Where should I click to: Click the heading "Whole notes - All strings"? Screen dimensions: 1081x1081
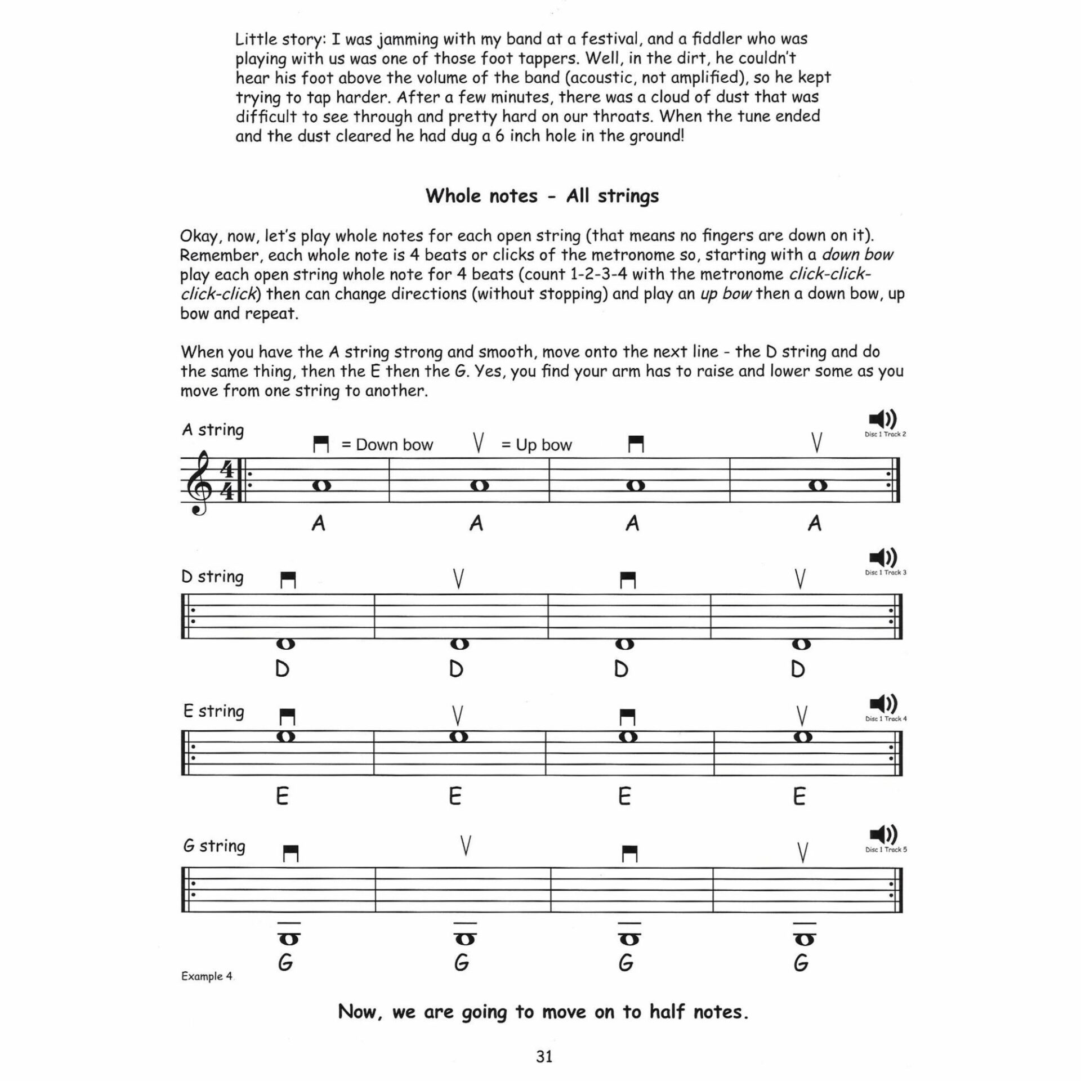point(542,196)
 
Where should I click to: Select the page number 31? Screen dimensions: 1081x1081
point(544,1057)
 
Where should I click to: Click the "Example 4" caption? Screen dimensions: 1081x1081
point(207,976)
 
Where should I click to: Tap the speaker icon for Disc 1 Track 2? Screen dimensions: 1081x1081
point(883,419)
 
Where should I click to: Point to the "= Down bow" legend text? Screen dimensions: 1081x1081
point(387,445)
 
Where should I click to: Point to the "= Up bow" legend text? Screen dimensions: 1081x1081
point(537,445)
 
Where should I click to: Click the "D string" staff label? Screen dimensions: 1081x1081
point(212,577)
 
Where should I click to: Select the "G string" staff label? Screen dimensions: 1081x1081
point(214,846)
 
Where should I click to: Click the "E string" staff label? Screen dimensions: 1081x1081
point(213,711)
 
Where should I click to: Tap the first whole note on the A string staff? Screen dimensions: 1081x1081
point(320,485)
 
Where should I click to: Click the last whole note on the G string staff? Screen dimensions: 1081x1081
point(804,940)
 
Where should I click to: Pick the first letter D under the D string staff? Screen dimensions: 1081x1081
point(282,669)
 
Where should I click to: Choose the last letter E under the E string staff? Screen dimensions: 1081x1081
point(799,797)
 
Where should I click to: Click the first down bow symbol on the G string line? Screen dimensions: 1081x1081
point(291,854)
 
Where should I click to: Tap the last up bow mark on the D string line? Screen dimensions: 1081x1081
point(800,579)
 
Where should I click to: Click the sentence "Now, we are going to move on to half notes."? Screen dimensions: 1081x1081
point(543,1012)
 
